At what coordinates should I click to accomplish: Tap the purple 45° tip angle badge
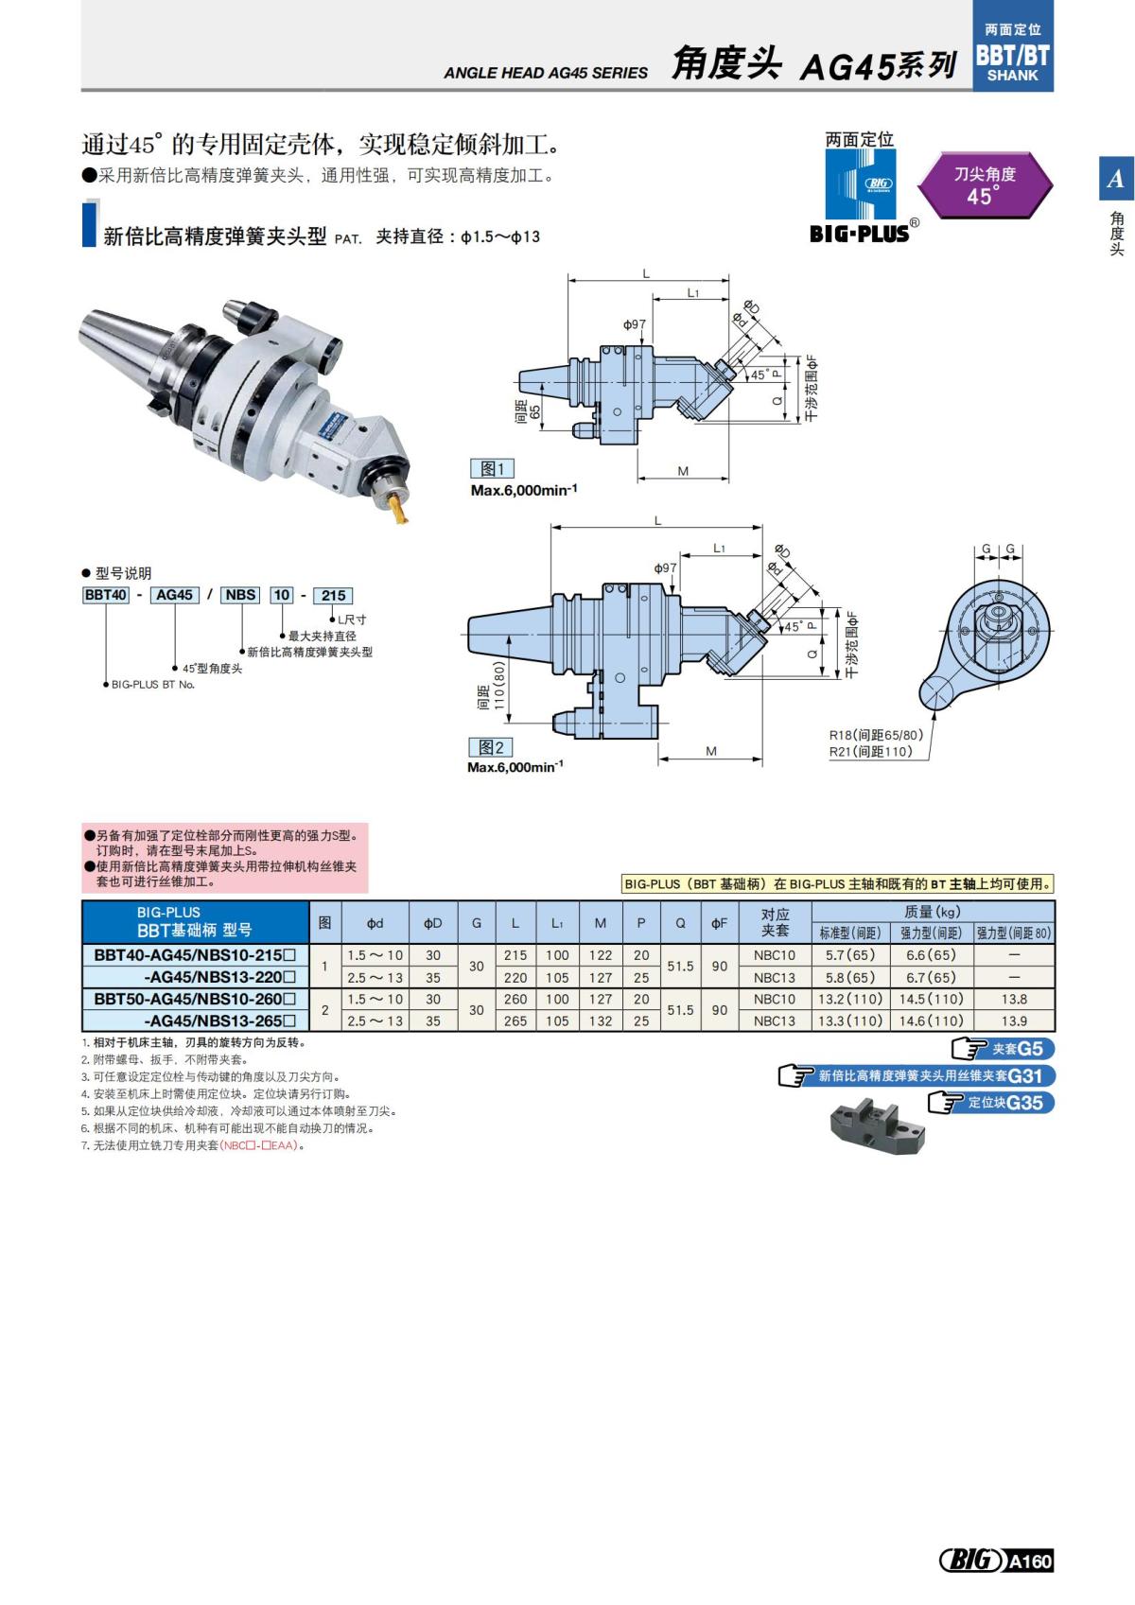click(x=985, y=185)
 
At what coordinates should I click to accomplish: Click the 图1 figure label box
click(x=492, y=469)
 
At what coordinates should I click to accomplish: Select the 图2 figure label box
click(x=491, y=747)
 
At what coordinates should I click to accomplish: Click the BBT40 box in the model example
click(x=105, y=595)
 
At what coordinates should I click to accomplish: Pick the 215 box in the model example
click(x=333, y=595)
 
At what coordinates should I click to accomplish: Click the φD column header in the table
click(x=432, y=922)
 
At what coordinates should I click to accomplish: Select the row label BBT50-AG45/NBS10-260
click(x=195, y=999)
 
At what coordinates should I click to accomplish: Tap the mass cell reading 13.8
click(x=1014, y=999)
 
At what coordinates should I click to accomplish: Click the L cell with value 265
click(x=515, y=1021)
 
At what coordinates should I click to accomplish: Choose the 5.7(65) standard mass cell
click(x=850, y=955)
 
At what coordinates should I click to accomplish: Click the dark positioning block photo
click(x=875, y=1126)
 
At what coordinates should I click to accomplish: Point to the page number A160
click(x=1029, y=1561)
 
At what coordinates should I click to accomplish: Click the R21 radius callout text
click(x=870, y=751)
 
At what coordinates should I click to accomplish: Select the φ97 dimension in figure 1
click(x=634, y=324)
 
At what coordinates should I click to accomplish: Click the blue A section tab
click(x=1115, y=179)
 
